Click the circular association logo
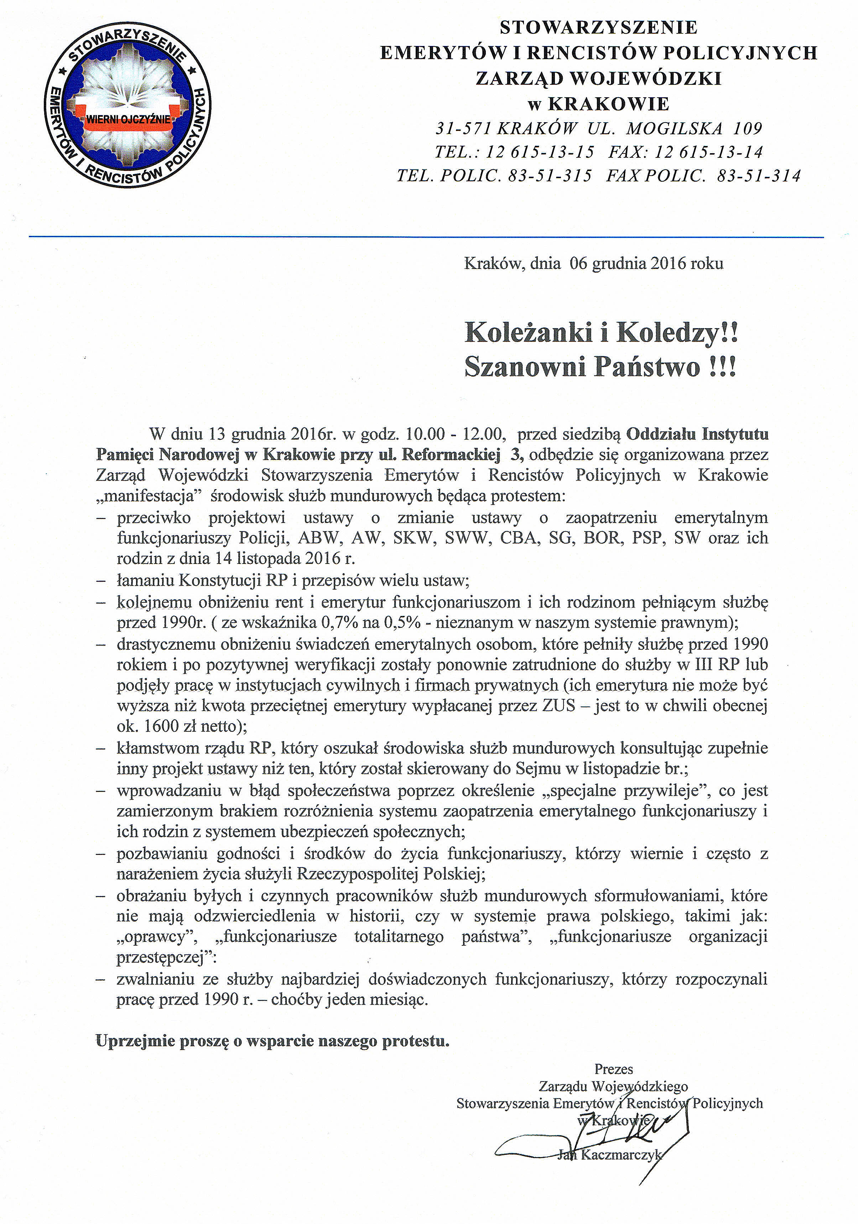(x=128, y=105)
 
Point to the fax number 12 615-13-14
(x=709, y=152)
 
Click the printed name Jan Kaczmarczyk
(x=609, y=1155)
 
